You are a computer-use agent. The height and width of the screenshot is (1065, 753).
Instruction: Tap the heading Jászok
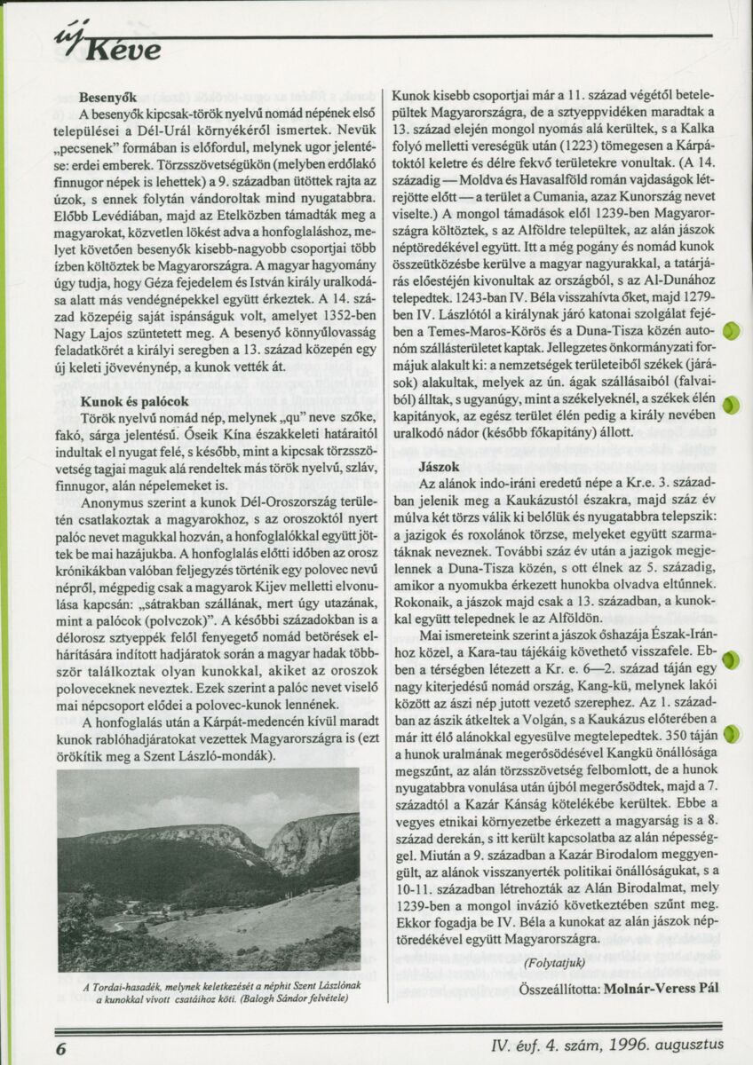(440, 466)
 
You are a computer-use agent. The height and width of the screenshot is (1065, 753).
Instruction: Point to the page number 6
(61, 1046)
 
